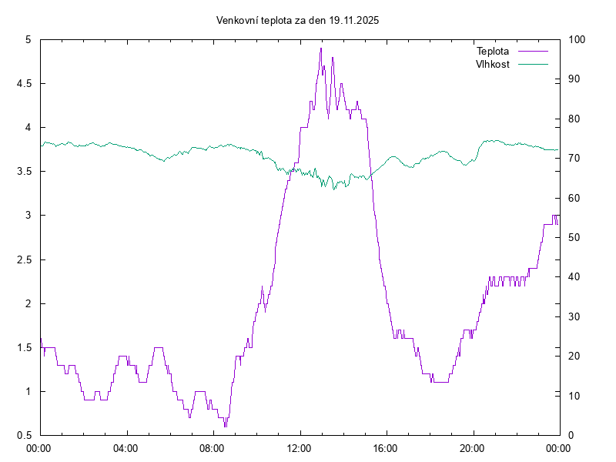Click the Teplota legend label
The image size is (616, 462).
click(x=493, y=52)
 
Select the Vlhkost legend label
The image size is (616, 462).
click(x=493, y=64)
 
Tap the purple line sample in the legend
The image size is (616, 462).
click(x=533, y=52)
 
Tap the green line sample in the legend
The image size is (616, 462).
click(x=533, y=64)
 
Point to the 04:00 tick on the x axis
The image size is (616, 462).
click(x=126, y=447)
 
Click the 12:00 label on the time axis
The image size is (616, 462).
click(x=300, y=447)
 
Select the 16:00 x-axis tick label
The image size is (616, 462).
click(x=386, y=447)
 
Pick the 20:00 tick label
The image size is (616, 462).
click(x=473, y=447)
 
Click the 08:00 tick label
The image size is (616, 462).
click(x=213, y=447)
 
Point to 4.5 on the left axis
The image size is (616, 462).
click(x=24, y=83)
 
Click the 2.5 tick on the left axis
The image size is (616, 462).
click(x=24, y=259)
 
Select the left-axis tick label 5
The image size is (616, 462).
click(x=28, y=39)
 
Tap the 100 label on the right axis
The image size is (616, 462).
click(x=576, y=39)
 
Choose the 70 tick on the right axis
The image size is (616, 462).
click(x=574, y=158)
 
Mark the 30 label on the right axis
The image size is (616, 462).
click(x=574, y=316)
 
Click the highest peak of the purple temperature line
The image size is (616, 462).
click(x=321, y=49)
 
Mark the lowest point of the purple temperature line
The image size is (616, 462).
click(x=225, y=426)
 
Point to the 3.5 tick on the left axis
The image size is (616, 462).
click(x=24, y=171)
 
